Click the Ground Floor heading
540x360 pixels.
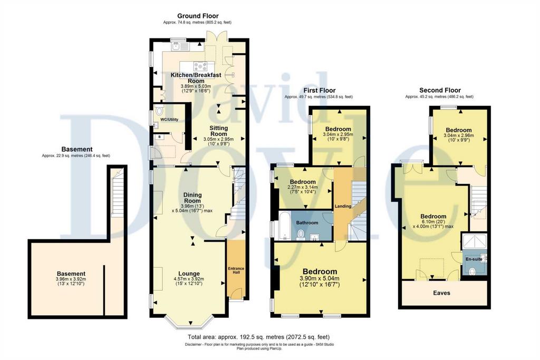(x=198, y=16)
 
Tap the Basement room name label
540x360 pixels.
(x=71, y=274)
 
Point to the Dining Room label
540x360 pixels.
(x=192, y=198)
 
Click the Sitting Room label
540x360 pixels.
(x=219, y=131)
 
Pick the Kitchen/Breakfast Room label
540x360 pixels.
(x=196, y=78)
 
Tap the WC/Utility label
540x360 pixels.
(x=169, y=120)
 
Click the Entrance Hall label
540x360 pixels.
(x=236, y=270)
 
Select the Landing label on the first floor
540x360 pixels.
(x=343, y=206)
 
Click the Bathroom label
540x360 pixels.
(x=307, y=222)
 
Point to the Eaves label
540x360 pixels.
(x=441, y=293)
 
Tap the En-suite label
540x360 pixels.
(x=474, y=259)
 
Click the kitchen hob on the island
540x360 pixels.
(x=200, y=66)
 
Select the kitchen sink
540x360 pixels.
(x=179, y=46)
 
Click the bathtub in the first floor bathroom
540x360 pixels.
(x=285, y=226)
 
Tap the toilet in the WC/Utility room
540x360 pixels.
(x=159, y=111)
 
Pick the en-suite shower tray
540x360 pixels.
(x=474, y=241)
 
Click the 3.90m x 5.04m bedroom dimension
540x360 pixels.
(x=320, y=278)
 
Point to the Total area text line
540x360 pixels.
(x=258, y=337)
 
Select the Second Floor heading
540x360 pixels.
(x=440, y=90)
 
